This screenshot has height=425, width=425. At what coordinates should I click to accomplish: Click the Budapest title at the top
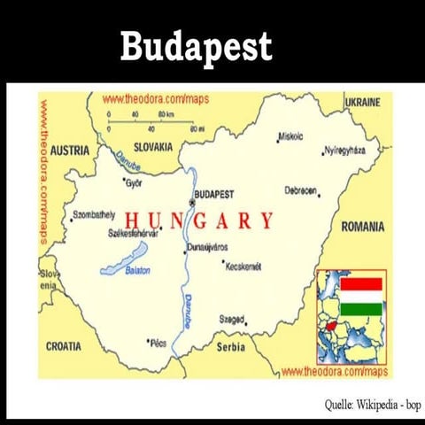(196, 46)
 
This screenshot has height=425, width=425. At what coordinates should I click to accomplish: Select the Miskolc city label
(290, 136)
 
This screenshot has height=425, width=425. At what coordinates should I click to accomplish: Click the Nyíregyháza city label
(345, 151)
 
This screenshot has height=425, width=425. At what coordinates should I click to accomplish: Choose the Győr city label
(134, 183)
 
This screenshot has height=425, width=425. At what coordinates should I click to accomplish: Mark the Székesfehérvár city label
(132, 234)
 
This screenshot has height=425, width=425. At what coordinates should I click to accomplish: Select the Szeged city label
(231, 319)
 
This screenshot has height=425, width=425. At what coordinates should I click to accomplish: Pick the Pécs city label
(159, 342)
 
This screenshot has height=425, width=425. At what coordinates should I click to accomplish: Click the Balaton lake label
(137, 270)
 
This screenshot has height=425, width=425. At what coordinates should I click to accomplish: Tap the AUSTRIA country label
(69, 151)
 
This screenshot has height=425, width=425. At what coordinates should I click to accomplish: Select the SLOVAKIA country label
(153, 147)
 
